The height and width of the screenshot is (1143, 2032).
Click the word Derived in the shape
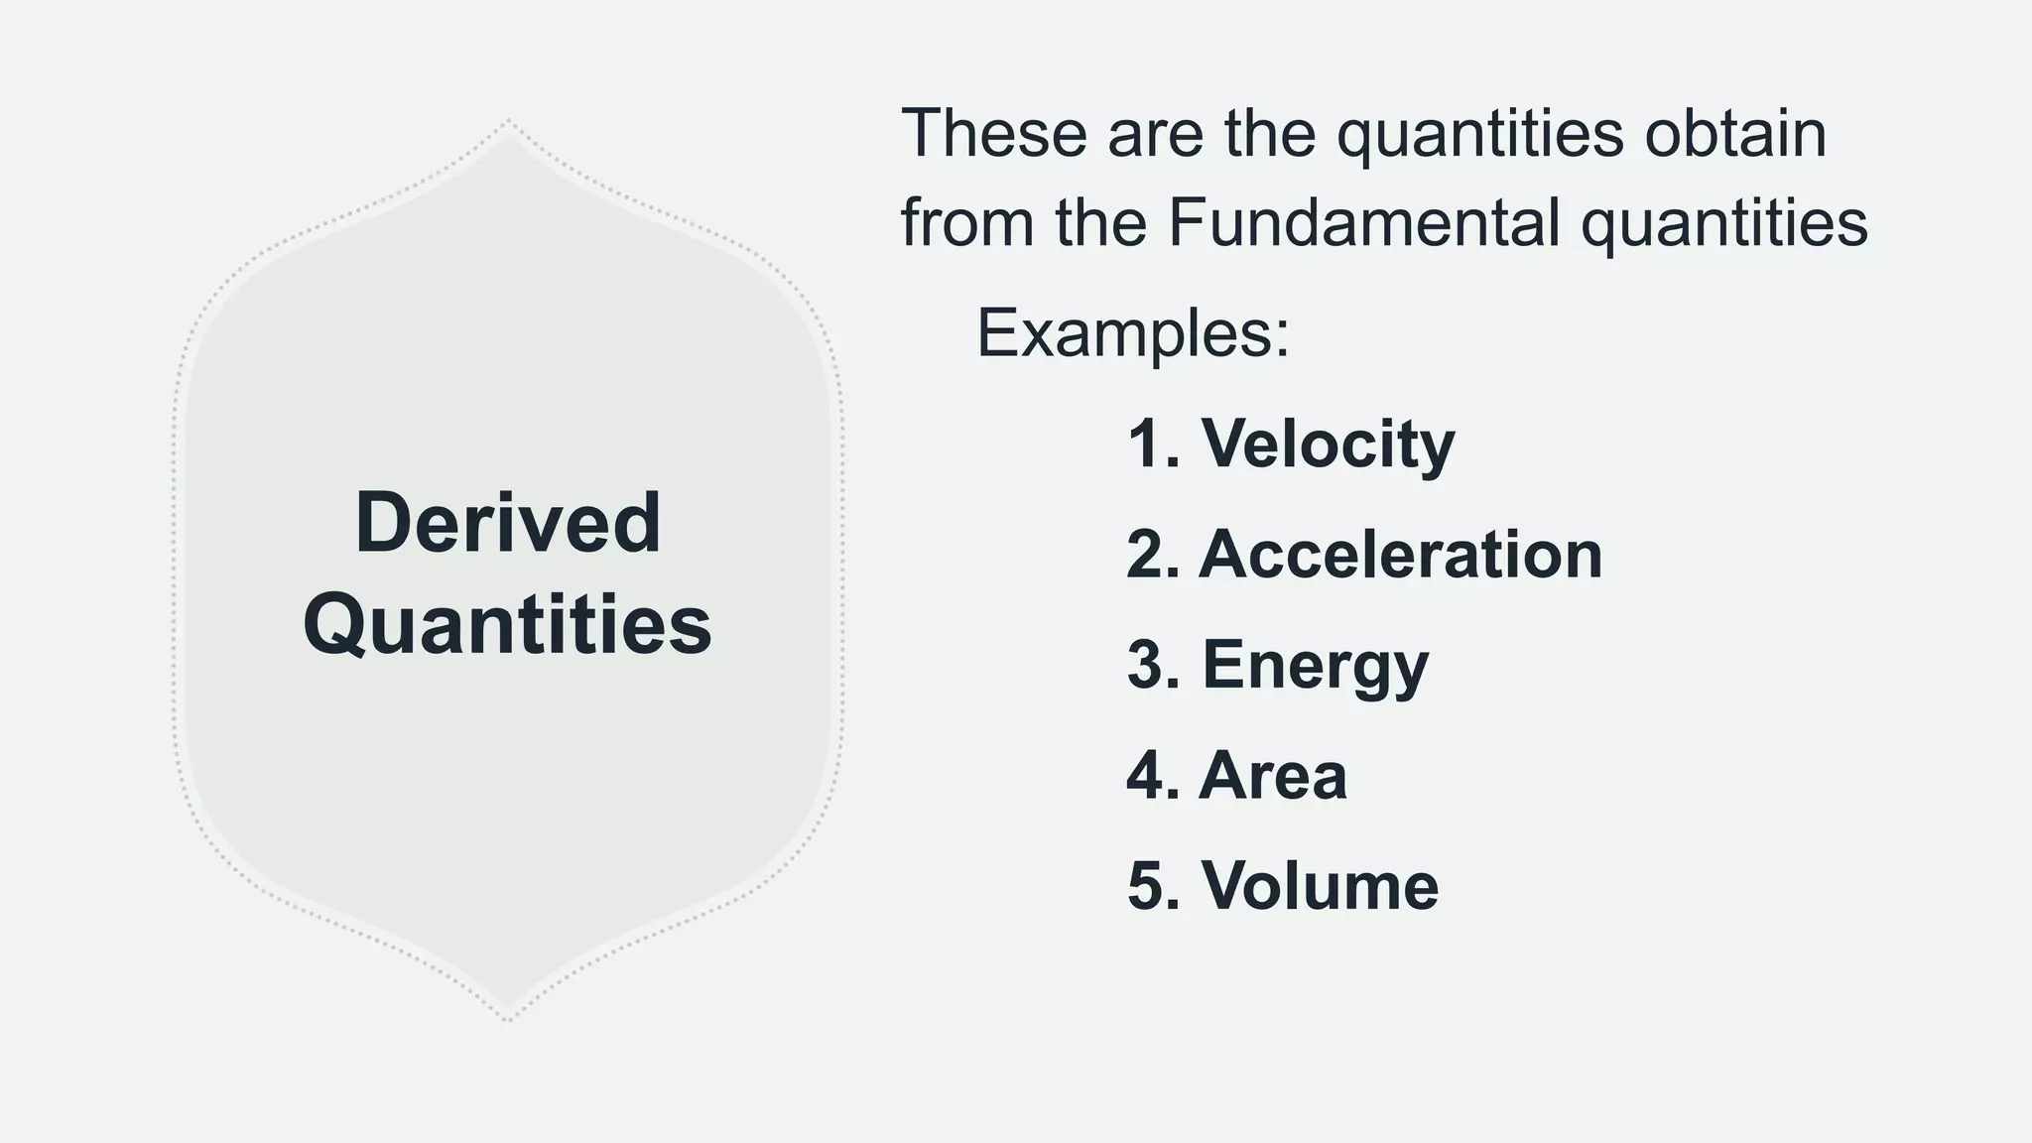[x=507, y=523]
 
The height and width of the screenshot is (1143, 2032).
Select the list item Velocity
[x=1328, y=444]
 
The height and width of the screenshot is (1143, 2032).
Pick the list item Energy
[x=1315, y=666]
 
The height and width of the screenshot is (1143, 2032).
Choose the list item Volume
[x=1320, y=885]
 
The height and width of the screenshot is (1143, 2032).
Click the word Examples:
[x=1133, y=333]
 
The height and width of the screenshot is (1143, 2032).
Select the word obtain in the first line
[x=1735, y=134]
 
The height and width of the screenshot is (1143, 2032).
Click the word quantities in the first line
[x=1479, y=136]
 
